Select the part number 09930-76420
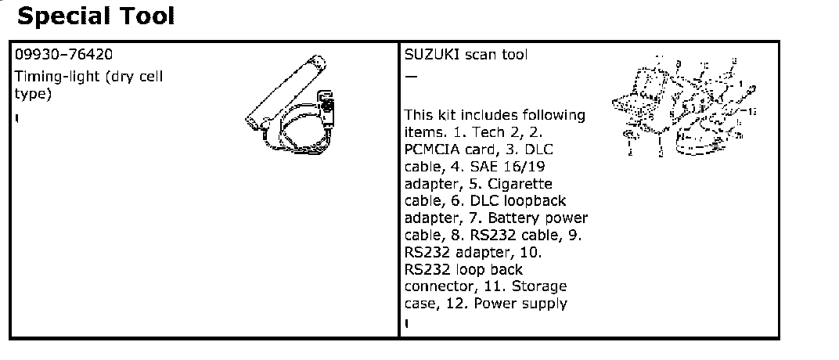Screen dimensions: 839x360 click(63, 55)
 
